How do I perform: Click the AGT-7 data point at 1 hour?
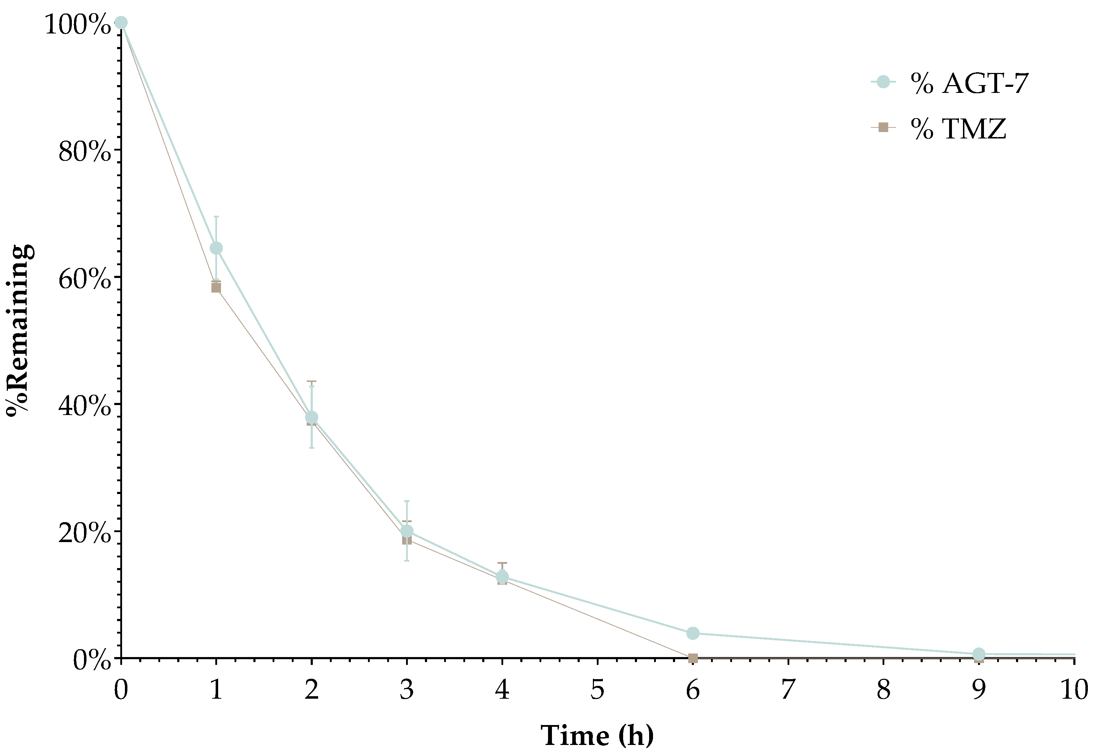coord(216,248)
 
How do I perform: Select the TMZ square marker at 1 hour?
coord(216,288)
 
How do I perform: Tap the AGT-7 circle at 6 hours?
coord(693,633)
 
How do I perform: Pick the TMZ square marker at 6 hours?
coord(693,658)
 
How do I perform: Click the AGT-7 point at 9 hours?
coord(979,654)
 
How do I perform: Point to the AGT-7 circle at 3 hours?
coord(406,531)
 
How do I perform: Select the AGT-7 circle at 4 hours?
coord(502,577)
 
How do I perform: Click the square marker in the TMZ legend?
coord(883,127)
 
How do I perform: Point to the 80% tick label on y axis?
coord(84,152)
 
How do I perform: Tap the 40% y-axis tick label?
coord(84,406)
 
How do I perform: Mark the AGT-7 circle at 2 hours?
coord(311,417)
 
